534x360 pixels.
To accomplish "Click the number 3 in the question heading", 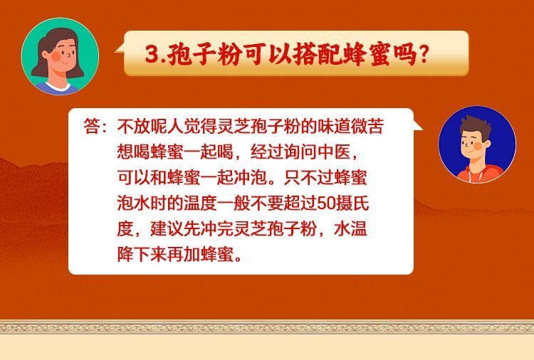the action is pyautogui.click(x=152, y=54).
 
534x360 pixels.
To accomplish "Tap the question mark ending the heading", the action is pyautogui.click(x=424, y=54).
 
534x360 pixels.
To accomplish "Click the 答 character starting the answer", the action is pyautogui.click(x=92, y=126).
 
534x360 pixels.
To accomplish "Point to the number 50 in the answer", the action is pyautogui.click(x=326, y=203).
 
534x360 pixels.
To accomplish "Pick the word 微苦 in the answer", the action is pyautogui.click(x=367, y=126).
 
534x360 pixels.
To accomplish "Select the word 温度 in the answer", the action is pyautogui.click(x=201, y=203).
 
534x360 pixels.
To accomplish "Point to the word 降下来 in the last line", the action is pyautogui.click(x=142, y=254).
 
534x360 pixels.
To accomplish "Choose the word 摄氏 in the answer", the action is pyautogui.click(x=352, y=203).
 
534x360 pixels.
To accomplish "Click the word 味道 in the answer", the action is pyautogui.click(x=334, y=126).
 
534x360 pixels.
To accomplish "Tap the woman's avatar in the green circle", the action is pyautogui.click(x=61, y=56).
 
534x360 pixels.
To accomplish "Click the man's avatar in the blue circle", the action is pyautogui.click(x=477, y=144).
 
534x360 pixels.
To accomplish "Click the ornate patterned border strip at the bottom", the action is pyautogui.click(x=267, y=327).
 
